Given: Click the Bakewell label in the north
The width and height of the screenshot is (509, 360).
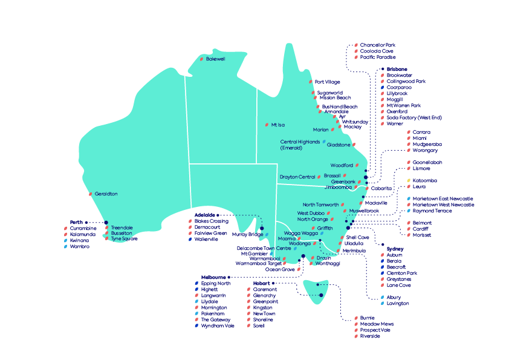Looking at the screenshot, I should tap(215, 59).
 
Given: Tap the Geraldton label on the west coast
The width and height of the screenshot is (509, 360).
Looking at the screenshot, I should tap(106, 194).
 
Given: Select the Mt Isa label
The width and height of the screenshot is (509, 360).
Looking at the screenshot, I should tap(277, 125).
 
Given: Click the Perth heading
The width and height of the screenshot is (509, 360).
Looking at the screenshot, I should tap(76, 222).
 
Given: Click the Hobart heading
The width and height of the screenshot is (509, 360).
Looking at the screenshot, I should tap(262, 283).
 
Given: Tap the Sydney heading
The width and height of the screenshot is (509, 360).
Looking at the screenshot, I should tap(395, 249).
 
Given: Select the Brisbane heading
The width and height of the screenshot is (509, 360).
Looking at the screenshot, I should tap(397, 70).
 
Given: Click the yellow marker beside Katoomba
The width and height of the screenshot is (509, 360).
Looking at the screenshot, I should tap(409, 180).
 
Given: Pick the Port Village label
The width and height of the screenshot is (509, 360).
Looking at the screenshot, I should tap(327, 82).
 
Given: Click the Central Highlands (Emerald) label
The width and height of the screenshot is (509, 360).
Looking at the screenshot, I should tap(300, 145).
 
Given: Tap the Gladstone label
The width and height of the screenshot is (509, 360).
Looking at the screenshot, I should tap(338, 145).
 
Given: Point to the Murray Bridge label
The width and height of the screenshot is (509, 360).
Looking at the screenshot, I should tap(247, 234).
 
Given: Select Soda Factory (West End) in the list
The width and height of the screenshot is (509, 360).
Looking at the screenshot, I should tap(414, 117).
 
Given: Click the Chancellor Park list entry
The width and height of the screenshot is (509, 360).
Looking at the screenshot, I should tap(377, 45).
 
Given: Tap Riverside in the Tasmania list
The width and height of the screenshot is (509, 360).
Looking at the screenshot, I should tap(370, 336).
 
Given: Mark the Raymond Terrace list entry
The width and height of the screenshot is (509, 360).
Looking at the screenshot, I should tap(432, 211).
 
